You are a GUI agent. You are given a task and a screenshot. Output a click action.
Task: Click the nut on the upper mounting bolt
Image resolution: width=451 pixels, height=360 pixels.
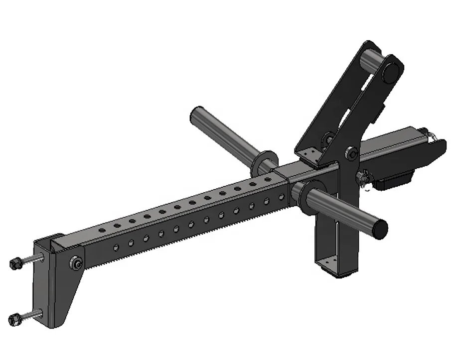pyautogui.click(x=15, y=262)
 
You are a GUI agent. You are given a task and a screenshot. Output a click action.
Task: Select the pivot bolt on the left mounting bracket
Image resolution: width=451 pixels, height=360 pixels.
pyautogui.click(x=76, y=262)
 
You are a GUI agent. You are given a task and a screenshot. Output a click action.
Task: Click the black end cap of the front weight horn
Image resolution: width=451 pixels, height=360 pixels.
pyautogui.click(x=381, y=228)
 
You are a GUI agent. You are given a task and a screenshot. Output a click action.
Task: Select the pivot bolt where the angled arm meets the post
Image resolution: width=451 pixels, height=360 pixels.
pyautogui.click(x=352, y=154)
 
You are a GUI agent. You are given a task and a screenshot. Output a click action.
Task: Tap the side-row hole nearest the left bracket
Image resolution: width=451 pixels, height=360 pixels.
pyautogui.click(x=116, y=247)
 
